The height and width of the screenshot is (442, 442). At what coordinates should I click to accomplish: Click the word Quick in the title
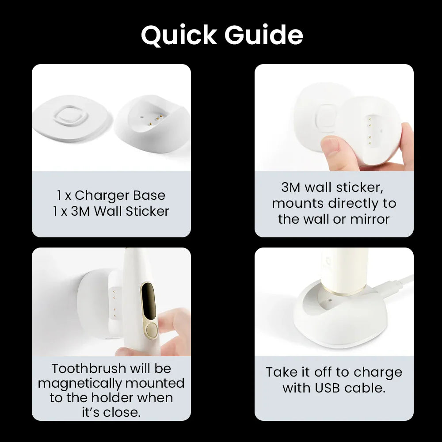179,35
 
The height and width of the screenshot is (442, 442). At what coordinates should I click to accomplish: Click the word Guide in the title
263,35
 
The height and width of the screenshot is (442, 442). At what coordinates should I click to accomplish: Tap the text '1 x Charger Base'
111,195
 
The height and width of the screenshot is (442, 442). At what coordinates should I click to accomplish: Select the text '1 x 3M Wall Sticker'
111,211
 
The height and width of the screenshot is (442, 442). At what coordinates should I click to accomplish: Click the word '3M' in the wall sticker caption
290,187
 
